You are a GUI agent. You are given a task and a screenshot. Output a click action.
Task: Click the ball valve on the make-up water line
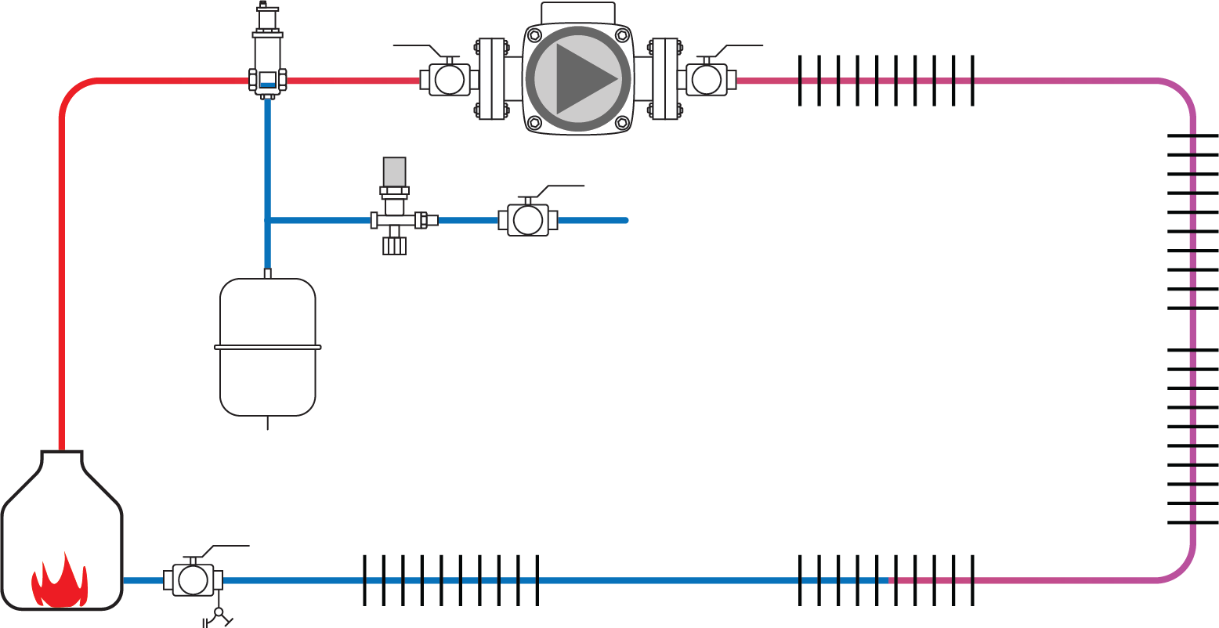(x=528, y=220)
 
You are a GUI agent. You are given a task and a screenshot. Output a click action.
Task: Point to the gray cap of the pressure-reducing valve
(x=394, y=171)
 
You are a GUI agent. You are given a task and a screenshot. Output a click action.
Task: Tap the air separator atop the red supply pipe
(x=268, y=55)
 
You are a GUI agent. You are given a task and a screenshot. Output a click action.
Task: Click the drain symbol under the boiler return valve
(x=219, y=614)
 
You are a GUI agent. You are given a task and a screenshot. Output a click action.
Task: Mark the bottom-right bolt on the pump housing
(x=622, y=122)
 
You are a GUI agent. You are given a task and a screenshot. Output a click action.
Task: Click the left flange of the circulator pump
(x=491, y=78)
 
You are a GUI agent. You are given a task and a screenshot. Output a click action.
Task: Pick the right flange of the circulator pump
(x=665, y=78)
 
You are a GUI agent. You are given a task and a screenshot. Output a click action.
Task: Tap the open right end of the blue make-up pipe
(x=624, y=220)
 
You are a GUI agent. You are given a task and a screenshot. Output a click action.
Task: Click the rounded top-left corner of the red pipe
(x=72, y=91)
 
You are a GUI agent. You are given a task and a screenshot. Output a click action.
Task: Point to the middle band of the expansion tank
(x=268, y=347)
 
